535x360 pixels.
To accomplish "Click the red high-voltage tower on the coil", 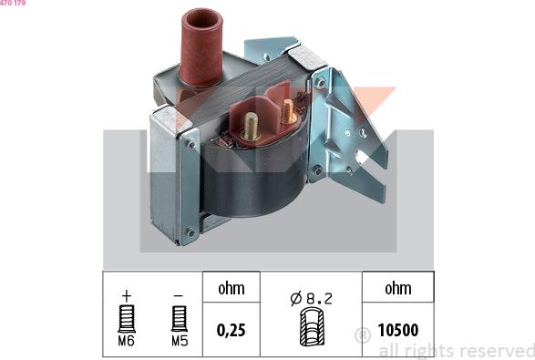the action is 201,47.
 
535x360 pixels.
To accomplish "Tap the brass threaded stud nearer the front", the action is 251,127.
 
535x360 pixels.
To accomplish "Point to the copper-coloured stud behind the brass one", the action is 288,111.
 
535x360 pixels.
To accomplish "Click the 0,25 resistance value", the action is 231,330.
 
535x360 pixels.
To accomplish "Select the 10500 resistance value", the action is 398,330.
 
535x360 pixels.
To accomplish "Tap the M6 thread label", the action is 127,341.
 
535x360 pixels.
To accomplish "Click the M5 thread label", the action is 180,341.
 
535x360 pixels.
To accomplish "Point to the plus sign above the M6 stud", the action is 127,296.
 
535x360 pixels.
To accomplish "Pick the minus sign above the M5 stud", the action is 178,295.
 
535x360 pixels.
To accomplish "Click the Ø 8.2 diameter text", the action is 311,299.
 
